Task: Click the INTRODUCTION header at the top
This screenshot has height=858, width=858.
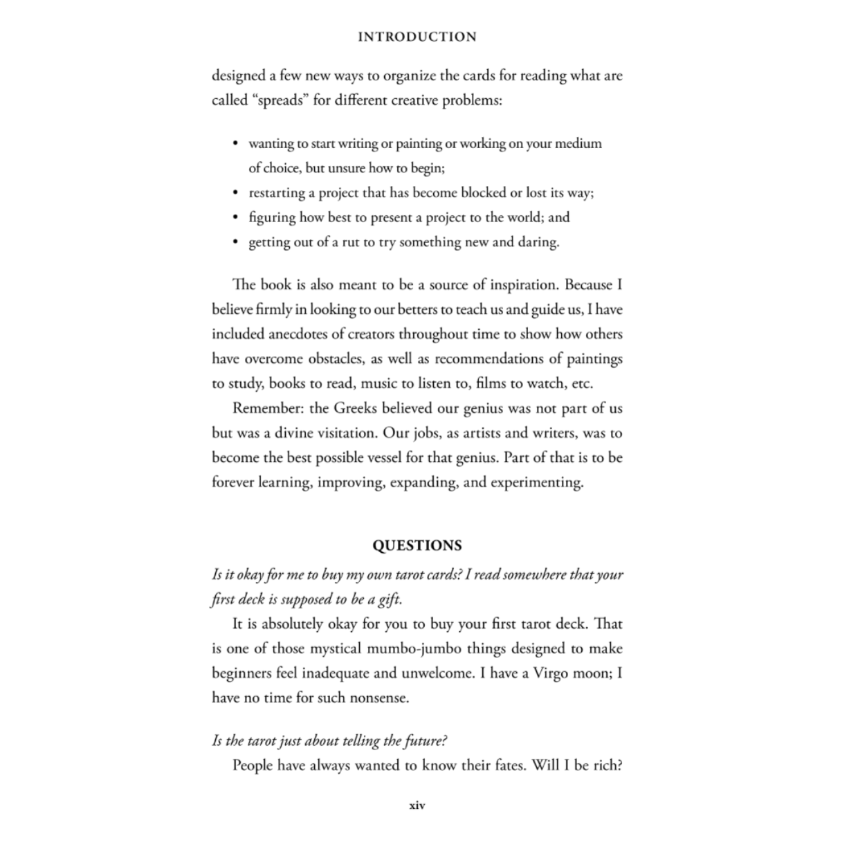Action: (x=417, y=37)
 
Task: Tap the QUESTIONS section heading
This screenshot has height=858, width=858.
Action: (x=417, y=546)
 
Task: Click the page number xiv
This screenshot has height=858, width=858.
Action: (x=417, y=805)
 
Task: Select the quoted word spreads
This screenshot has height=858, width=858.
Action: (x=280, y=101)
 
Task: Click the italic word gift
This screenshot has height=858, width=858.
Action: (x=388, y=600)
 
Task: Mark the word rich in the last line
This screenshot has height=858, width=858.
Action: (x=607, y=766)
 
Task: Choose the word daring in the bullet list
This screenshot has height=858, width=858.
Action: (x=538, y=242)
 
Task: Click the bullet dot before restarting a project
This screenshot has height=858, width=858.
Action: (x=235, y=193)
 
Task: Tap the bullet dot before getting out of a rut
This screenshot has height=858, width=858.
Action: (x=235, y=242)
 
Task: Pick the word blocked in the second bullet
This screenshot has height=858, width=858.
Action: (x=484, y=193)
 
